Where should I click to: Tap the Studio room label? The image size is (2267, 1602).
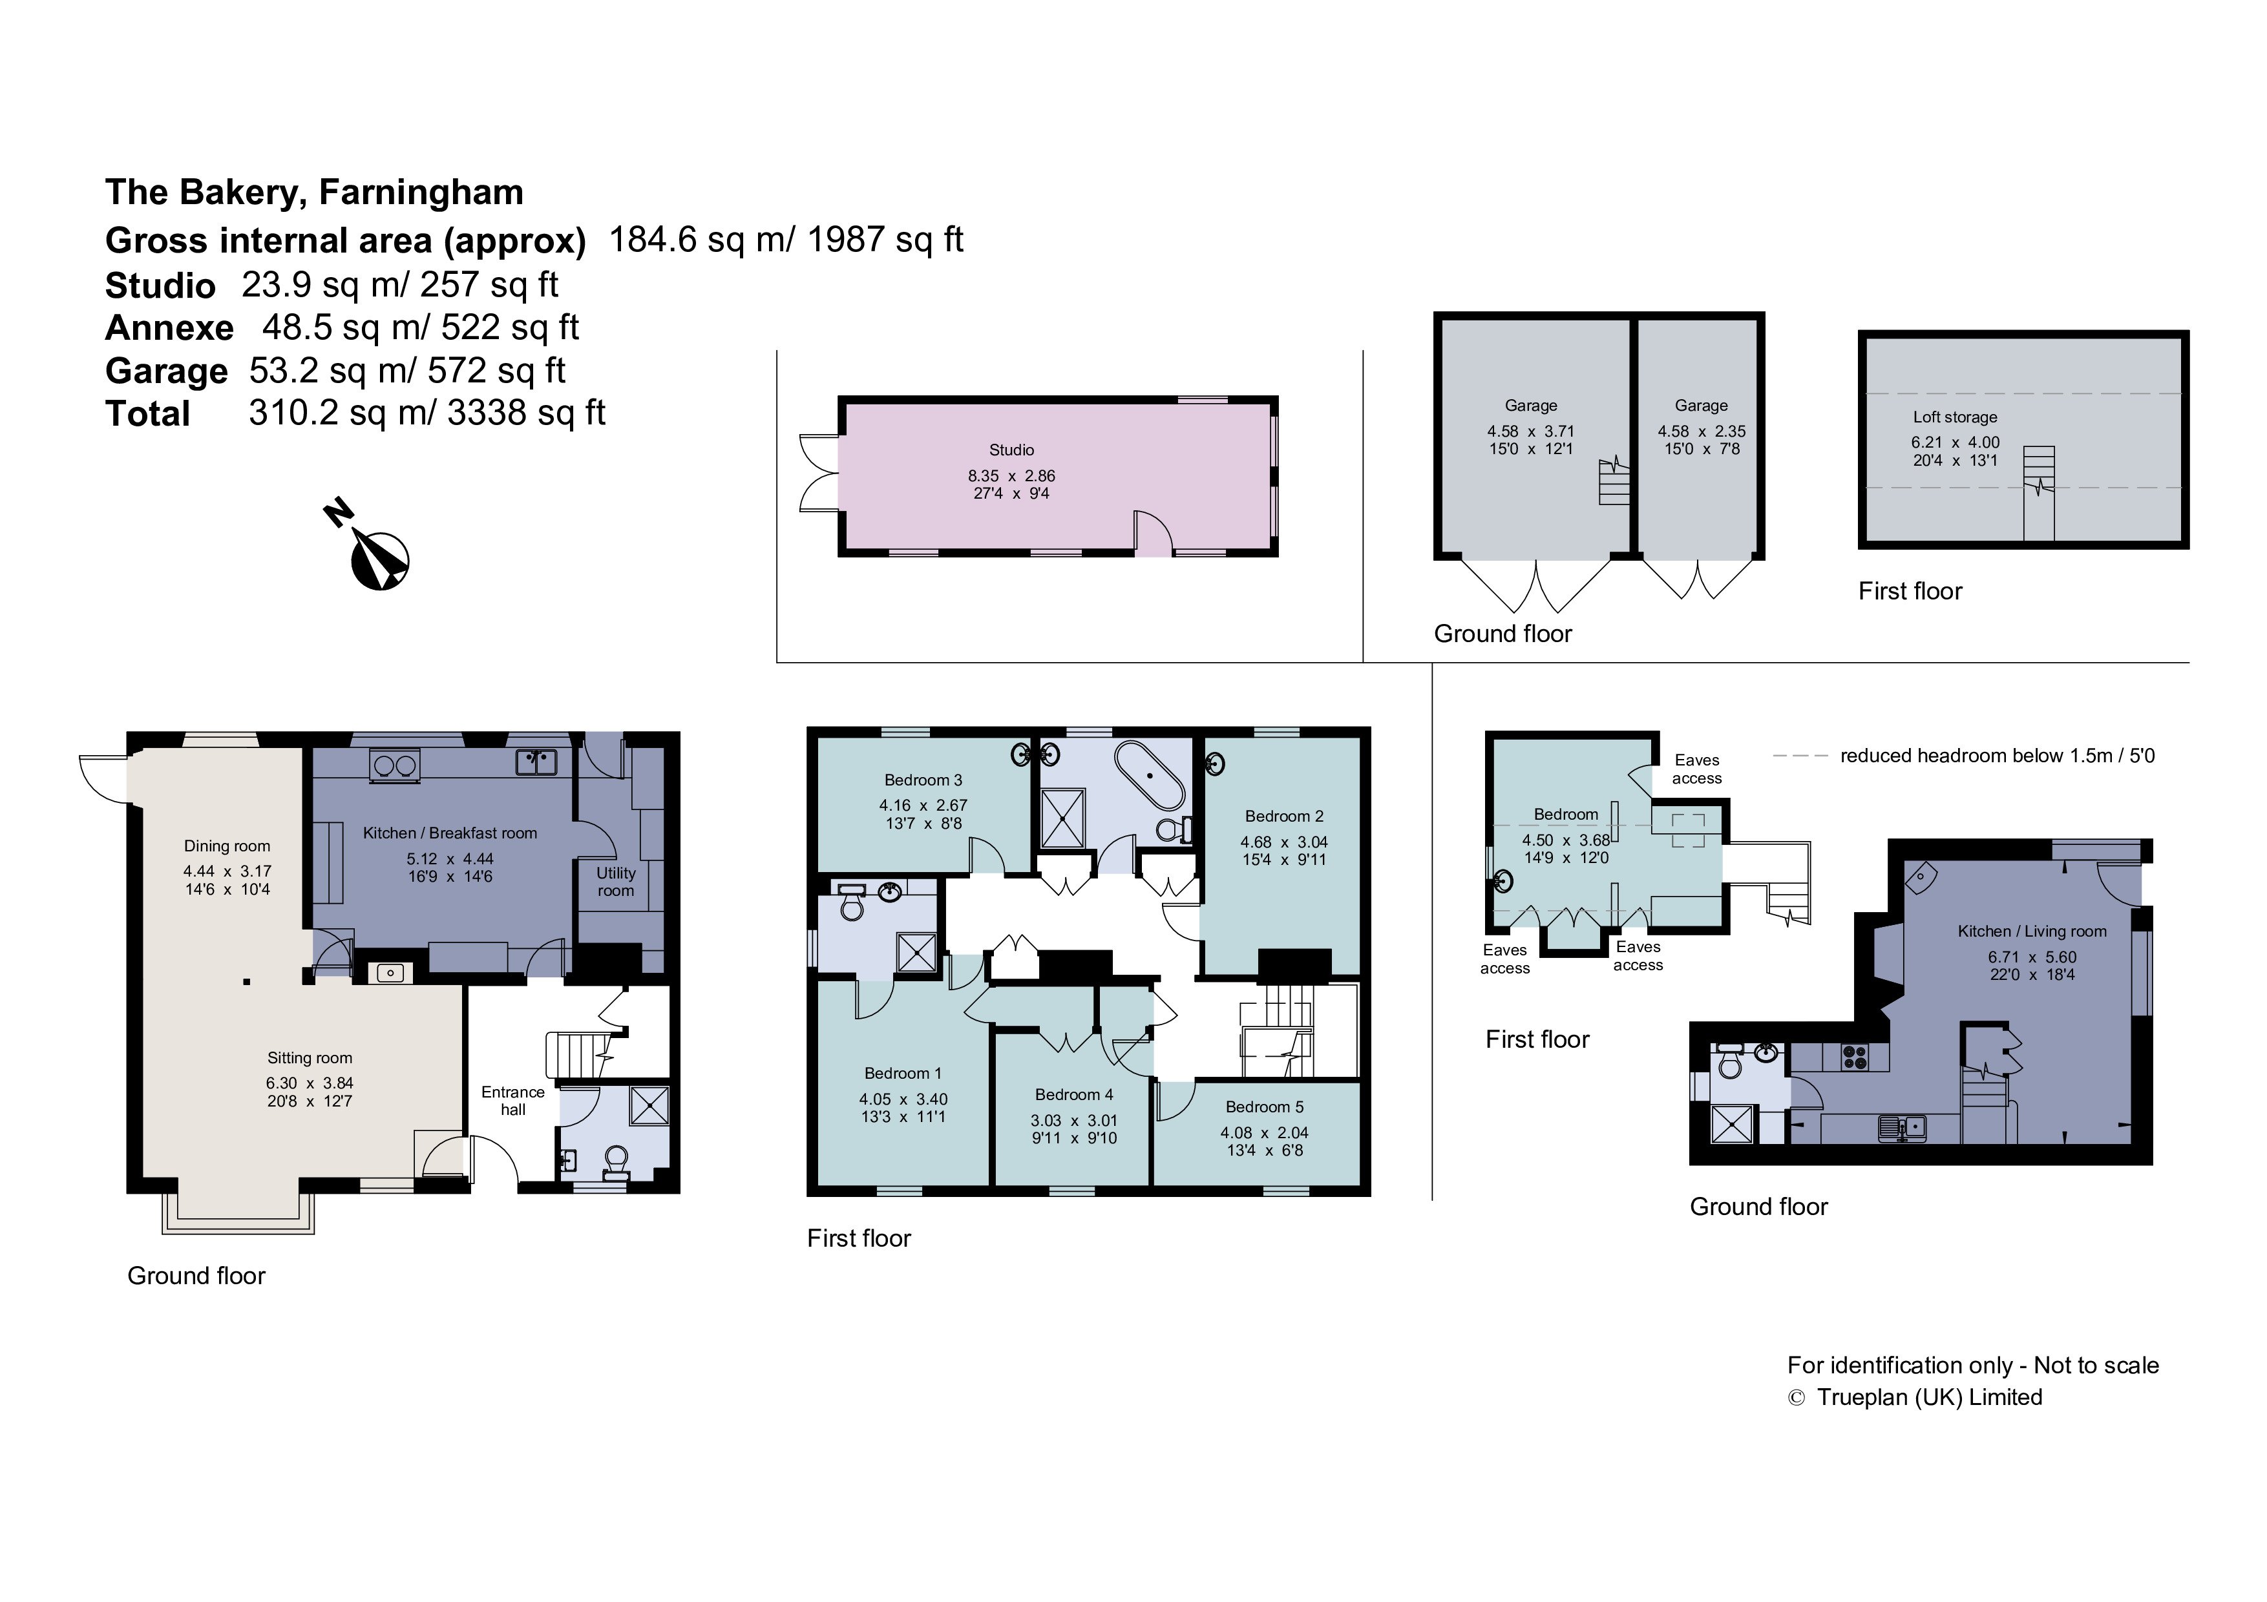(1011, 450)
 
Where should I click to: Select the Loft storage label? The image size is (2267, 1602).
(1954, 417)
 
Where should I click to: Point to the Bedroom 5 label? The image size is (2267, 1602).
(1264, 1107)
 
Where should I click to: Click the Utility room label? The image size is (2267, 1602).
(615, 882)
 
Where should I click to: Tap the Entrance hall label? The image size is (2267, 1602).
(512, 1101)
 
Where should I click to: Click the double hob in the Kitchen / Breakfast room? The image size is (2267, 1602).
(393, 765)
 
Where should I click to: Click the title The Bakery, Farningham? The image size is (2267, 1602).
(314, 192)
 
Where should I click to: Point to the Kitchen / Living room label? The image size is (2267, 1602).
(2032, 931)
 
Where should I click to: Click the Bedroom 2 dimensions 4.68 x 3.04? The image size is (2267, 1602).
(1283, 842)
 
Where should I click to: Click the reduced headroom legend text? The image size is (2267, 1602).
(1996, 756)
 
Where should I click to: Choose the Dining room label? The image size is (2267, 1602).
(226, 846)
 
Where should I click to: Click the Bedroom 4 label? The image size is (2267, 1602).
(1073, 1095)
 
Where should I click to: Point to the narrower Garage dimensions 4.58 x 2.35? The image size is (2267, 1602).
(1702, 432)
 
